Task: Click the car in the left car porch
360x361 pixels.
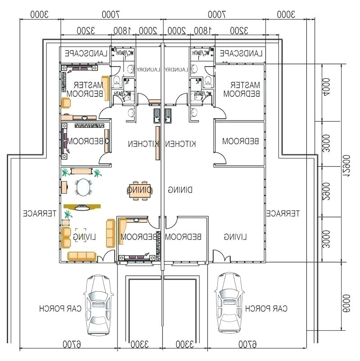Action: pyautogui.click(x=99, y=305)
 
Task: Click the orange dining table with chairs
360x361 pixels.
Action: pyautogui.click(x=139, y=190)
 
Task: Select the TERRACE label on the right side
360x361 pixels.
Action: pyautogui.click(x=282, y=213)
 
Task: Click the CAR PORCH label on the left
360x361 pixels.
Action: pyautogui.click(x=60, y=309)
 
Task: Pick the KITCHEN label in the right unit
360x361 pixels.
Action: pyautogui.click(x=181, y=144)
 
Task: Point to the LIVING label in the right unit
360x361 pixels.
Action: pyautogui.click(x=235, y=236)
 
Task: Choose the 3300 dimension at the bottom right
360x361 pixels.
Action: pyautogui.click(x=184, y=345)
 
